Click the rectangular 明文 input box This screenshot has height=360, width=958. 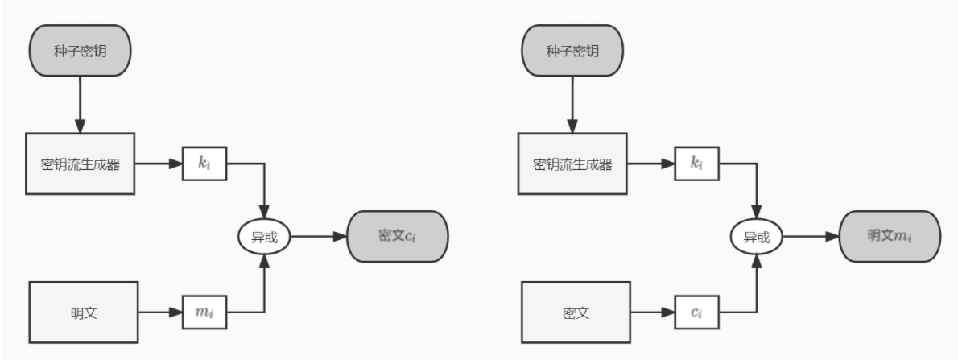point(84,312)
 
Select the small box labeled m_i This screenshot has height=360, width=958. point(204,312)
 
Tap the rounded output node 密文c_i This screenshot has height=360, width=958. point(396,237)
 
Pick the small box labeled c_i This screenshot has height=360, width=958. point(696,312)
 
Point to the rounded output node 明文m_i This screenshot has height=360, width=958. point(890,237)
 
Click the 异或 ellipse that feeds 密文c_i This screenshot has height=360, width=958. point(264,237)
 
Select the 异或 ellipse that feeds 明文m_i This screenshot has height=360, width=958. point(757,237)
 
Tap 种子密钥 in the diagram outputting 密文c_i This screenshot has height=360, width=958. point(80,51)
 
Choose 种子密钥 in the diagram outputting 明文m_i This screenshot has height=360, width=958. point(572,51)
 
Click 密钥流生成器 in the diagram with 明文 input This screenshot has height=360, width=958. point(80,164)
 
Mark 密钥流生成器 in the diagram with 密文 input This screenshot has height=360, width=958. point(572,164)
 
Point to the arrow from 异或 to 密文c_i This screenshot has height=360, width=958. point(319,237)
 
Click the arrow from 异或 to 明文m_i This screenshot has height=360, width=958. point(811,237)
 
